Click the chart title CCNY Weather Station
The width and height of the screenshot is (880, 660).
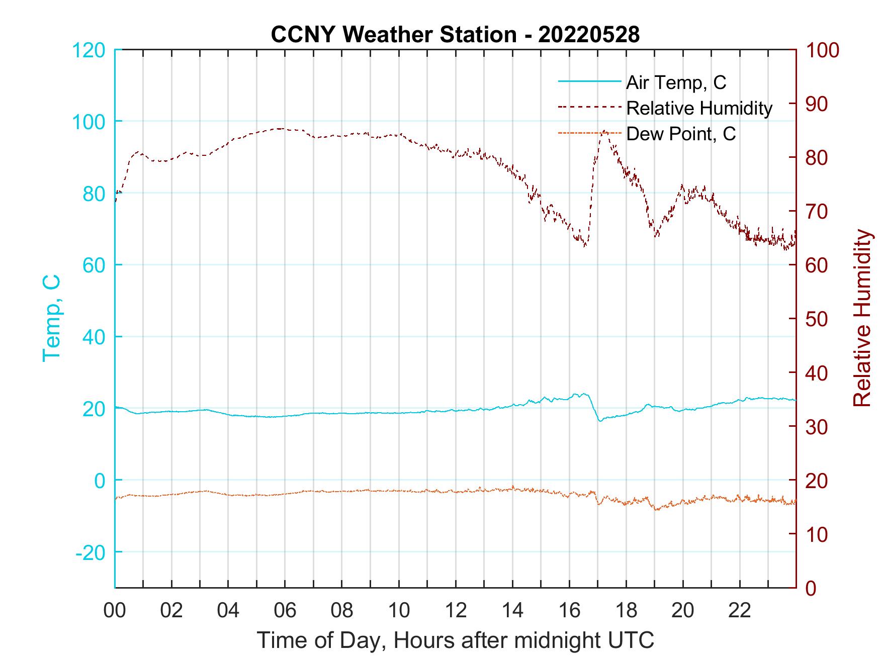tap(455, 35)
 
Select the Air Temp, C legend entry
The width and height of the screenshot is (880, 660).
tap(676, 82)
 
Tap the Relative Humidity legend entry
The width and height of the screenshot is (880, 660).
tap(699, 108)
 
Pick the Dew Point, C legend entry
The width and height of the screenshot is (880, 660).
tap(681, 134)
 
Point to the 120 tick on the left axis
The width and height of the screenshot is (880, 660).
tap(89, 50)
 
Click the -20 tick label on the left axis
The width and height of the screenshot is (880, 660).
tap(91, 552)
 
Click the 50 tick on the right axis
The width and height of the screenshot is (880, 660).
tap(817, 319)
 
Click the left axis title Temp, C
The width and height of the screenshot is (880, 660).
tap(52, 318)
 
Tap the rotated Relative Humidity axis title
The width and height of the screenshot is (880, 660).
tap(862, 318)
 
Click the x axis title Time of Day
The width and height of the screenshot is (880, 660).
tap(455, 640)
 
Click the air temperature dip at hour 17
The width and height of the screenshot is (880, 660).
tap(599, 420)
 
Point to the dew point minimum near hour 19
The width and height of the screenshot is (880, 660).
tap(656, 510)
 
